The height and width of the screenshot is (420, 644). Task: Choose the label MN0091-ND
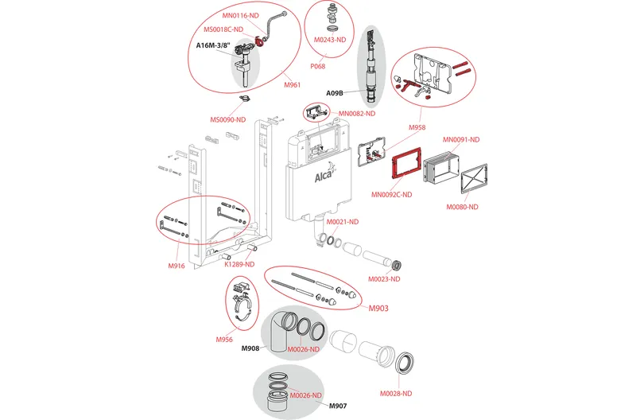(x=463, y=140)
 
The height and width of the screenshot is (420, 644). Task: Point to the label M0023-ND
(x=384, y=279)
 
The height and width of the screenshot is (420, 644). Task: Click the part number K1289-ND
(x=239, y=264)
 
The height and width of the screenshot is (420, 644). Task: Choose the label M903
(x=377, y=307)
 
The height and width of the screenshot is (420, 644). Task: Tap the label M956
(x=224, y=340)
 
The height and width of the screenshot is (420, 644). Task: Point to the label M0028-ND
(x=395, y=393)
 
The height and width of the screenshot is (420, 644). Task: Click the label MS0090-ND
(x=227, y=120)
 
